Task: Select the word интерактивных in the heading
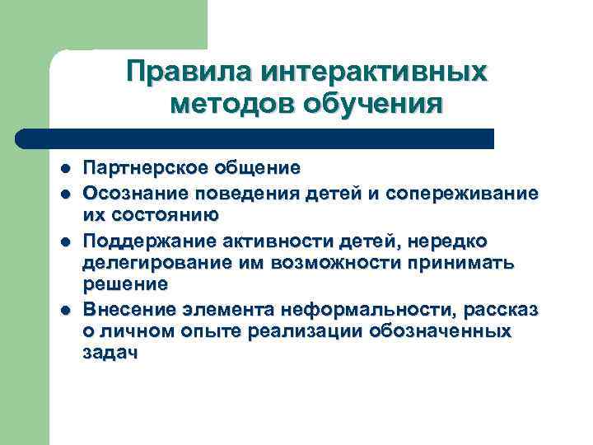click(374, 72)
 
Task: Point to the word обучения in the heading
click(374, 105)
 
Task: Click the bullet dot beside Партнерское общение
click(63, 169)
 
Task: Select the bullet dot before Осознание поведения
click(63, 193)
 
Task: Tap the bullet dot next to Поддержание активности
click(63, 241)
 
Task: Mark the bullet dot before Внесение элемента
click(63, 309)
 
